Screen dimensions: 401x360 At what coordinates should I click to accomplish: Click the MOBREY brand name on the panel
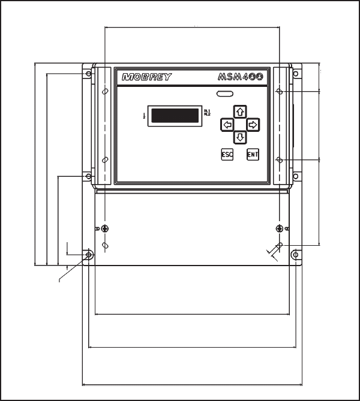pyautogui.click(x=147, y=77)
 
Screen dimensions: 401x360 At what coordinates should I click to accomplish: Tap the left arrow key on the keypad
pyautogui.click(x=227, y=125)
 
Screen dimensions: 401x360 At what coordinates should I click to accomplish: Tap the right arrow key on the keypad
pyautogui.click(x=253, y=125)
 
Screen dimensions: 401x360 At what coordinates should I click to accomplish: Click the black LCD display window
pyautogui.click(x=176, y=115)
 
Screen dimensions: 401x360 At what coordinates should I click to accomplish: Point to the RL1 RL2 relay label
pyautogui.click(x=208, y=112)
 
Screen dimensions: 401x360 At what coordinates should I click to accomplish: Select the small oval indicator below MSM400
pyautogui.click(x=226, y=94)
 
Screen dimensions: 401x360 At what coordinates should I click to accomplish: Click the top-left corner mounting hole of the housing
pyautogui.click(x=89, y=74)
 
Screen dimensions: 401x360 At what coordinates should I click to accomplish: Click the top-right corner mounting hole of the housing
pyautogui.click(x=295, y=74)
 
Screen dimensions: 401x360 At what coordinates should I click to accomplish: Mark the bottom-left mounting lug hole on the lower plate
pyautogui.click(x=89, y=255)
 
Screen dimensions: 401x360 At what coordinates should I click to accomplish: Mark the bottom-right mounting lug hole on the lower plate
pyautogui.click(x=295, y=255)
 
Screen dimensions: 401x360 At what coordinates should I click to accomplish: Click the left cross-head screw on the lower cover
pyautogui.click(x=105, y=228)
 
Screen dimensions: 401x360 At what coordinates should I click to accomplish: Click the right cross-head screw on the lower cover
pyautogui.click(x=279, y=228)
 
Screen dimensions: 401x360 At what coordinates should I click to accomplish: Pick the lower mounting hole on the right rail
pyautogui.click(x=279, y=160)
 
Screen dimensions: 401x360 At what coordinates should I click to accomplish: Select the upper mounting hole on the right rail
pyautogui.click(x=279, y=92)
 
